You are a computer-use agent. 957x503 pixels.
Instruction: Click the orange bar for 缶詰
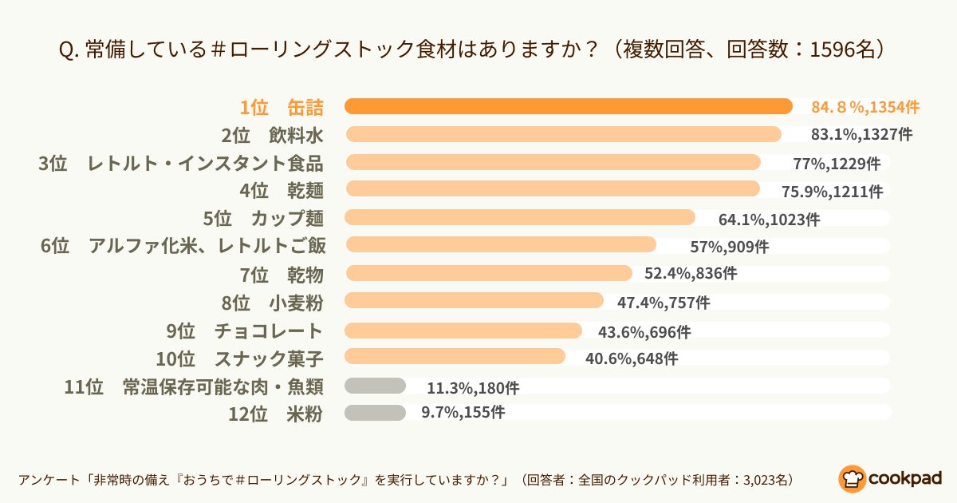pyautogui.click(x=568, y=106)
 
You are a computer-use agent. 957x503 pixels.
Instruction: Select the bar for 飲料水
pyautogui.click(x=562, y=134)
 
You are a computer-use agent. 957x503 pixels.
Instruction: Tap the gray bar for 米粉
pyautogui.click(x=375, y=413)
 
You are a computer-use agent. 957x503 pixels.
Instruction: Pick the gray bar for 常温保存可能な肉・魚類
pyautogui.click(x=375, y=386)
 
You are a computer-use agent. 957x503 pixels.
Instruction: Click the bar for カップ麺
pyautogui.click(x=519, y=218)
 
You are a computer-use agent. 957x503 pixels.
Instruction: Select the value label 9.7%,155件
pyautogui.click(x=463, y=413)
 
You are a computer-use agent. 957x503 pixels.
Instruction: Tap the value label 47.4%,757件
pyautogui.click(x=664, y=303)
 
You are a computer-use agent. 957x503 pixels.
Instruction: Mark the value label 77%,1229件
pyautogui.click(x=837, y=164)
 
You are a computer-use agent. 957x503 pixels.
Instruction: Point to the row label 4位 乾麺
pyautogui.click(x=282, y=191)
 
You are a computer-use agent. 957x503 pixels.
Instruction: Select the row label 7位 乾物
pyautogui.click(x=282, y=275)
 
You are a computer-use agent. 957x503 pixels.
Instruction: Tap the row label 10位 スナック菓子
pyautogui.click(x=239, y=358)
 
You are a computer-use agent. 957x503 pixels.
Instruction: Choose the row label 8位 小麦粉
pyautogui.click(x=272, y=303)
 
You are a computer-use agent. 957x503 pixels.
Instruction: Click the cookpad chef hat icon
pyautogui.click(x=852, y=478)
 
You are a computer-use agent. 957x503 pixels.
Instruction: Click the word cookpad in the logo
pyautogui.click(x=904, y=478)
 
